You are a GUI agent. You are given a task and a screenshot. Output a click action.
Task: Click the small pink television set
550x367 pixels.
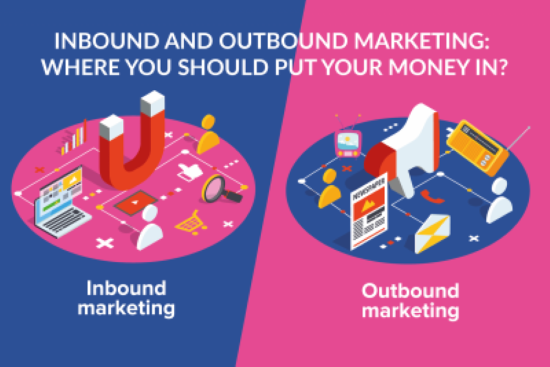[x=348, y=142]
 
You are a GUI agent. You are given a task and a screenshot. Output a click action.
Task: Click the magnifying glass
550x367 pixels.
[x=219, y=190]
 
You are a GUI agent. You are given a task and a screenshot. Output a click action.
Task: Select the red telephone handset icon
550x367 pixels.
[x=432, y=197]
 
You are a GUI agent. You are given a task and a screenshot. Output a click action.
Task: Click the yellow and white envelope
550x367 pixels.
[x=432, y=234]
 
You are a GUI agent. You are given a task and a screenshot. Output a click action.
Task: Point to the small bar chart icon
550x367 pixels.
[x=73, y=139]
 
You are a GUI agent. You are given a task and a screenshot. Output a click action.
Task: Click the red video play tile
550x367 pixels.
[x=135, y=202]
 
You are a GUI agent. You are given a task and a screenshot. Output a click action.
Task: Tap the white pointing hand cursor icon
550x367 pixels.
[x=190, y=171]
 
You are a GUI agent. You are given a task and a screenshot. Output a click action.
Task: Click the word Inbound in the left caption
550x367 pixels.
[x=126, y=289]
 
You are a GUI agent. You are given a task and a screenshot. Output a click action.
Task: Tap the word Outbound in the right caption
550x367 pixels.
[x=411, y=291]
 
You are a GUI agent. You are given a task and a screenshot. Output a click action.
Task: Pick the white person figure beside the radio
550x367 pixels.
[x=499, y=201]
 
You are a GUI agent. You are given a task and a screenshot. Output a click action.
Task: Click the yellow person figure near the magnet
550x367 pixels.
[x=208, y=135]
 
